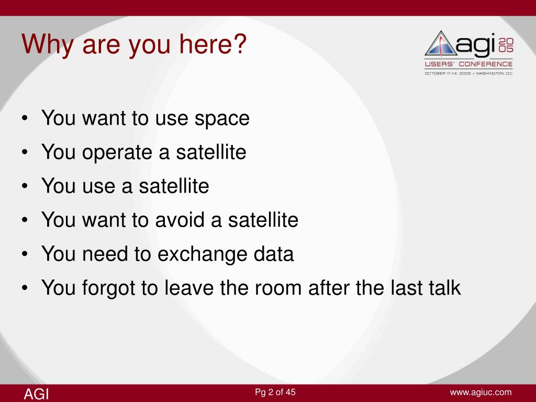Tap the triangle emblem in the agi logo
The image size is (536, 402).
pos(441,44)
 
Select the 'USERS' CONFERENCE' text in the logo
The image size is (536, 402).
pos(468,64)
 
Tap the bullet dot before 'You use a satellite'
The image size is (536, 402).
pos(24,187)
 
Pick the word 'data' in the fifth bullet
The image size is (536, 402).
pos(273,254)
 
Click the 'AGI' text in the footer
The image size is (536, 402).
pos(36,394)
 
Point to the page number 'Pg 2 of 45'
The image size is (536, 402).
pos(275,392)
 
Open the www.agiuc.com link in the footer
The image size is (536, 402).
pos(481,393)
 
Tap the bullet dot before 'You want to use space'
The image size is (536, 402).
pos(24,119)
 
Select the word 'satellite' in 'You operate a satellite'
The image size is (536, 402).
pos(211,152)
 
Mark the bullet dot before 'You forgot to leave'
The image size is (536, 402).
pos(24,288)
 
